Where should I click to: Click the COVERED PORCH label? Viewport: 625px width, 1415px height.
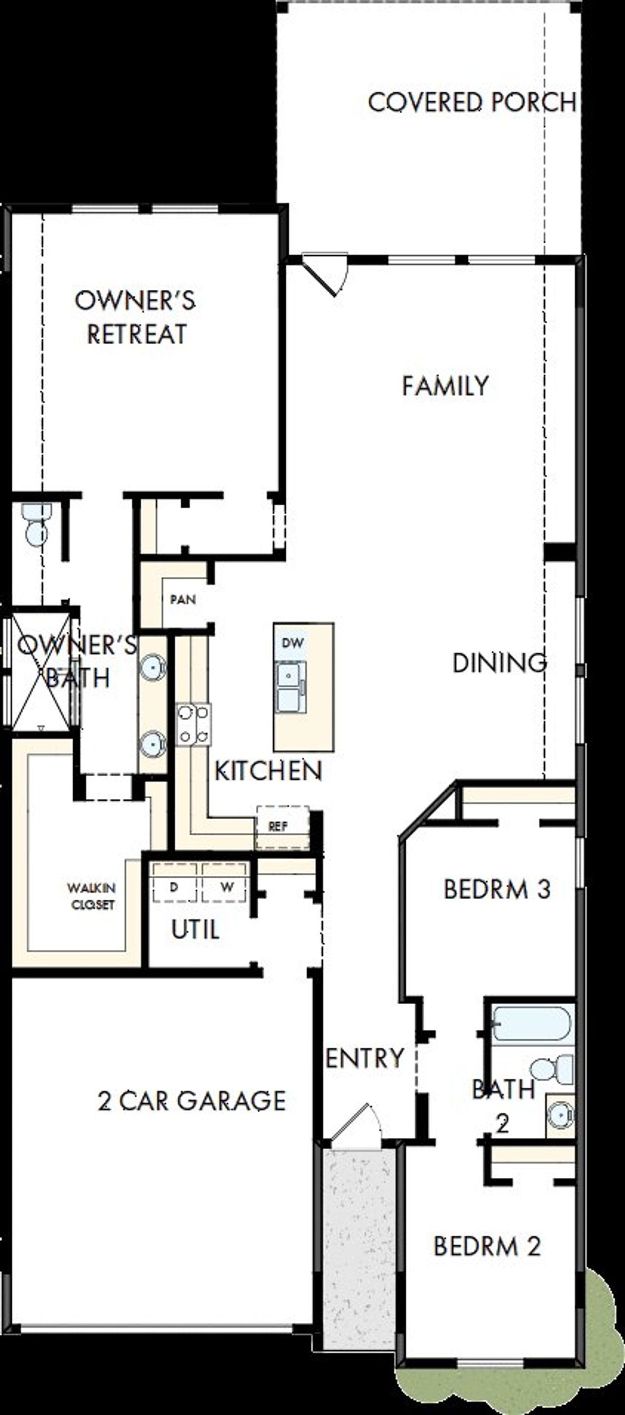472,103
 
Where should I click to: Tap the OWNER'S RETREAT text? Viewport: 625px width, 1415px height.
135,318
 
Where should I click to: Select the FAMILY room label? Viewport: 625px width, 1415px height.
445,385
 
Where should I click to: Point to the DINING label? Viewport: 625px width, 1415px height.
499,663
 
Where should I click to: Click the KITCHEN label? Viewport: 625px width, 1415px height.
268,771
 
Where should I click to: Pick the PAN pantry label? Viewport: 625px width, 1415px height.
183,599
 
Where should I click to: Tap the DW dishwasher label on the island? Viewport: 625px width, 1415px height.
292,643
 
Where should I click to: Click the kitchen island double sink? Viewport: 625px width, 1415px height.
291,687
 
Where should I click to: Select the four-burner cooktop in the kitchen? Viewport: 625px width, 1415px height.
193,725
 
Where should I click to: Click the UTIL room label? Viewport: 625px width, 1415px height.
195,930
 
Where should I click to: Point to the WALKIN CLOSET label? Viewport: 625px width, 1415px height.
92,896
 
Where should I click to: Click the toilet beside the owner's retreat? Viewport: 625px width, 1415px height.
36,526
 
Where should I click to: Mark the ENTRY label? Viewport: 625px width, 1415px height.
364,1058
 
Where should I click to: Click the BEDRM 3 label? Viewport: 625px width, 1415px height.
497,889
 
